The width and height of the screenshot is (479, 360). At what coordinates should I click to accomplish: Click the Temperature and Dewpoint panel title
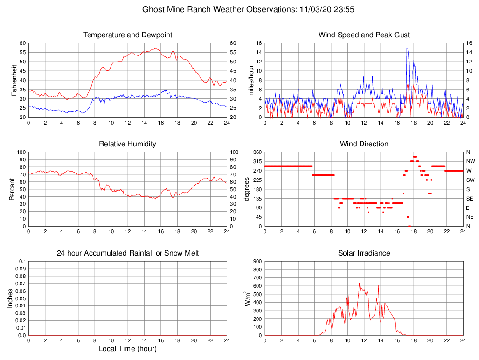tap(128, 35)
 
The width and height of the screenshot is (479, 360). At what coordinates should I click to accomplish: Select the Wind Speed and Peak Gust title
tap(364, 35)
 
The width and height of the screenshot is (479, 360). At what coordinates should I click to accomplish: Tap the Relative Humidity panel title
tap(128, 144)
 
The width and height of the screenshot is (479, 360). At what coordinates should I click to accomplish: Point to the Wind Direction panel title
tap(364, 144)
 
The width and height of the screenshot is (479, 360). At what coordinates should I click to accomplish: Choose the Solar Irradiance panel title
tap(364, 253)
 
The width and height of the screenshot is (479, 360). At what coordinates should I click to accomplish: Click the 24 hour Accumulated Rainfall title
tap(128, 253)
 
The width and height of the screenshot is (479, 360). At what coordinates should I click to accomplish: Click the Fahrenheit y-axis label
tap(14, 80)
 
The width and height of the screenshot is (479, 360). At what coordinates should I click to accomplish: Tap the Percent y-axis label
tap(12, 189)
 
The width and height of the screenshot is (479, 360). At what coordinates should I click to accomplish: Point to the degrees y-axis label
tap(247, 189)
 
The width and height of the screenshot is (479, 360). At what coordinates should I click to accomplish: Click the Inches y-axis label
tap(11, 298)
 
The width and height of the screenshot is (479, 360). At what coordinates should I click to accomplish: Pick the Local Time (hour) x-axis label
tap(128, 348)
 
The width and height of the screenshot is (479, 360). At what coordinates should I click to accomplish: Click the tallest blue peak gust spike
tap(407, 48)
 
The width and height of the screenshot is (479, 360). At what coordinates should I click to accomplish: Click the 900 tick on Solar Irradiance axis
tap(257, 262)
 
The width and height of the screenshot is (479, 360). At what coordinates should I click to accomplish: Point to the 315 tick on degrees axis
tap(257, 161)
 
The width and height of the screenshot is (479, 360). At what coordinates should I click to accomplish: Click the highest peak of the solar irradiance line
tap(359, 283)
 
